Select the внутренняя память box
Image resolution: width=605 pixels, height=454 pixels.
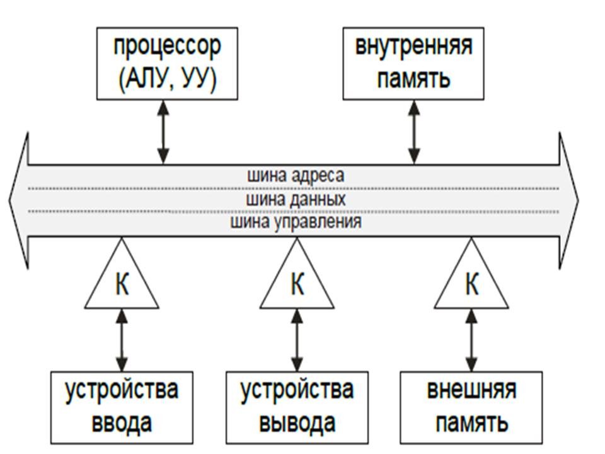[413, 64]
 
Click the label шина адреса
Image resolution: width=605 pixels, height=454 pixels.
[296, 175]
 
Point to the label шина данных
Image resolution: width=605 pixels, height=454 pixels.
[296, 199]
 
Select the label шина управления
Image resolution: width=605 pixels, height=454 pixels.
[296, 222]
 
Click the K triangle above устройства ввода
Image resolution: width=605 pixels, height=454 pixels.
[122, 284]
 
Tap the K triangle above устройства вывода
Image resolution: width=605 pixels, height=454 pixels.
[296, 284]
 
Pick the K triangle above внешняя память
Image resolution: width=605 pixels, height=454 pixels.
[471, 284]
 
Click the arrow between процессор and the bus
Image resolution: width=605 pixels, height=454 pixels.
[163, 132]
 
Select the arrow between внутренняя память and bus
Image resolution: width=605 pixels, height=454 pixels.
[414, 132]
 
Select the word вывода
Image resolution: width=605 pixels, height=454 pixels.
[296, 421]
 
